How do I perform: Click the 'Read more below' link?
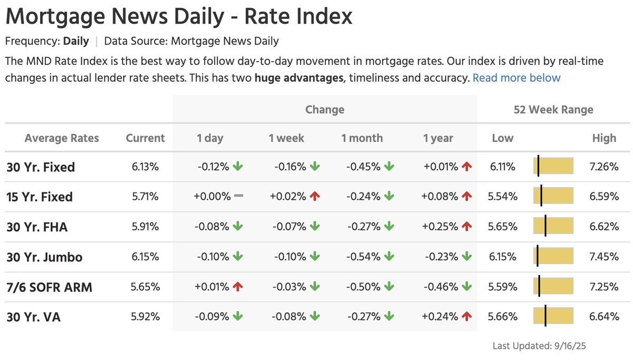point(516,78)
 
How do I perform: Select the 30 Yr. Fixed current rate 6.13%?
point(145,167)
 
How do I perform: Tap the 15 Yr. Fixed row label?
point(40,197)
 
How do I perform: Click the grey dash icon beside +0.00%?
point(238,196)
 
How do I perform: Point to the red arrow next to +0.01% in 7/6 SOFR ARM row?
point(238,287)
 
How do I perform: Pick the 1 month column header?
point(362,138)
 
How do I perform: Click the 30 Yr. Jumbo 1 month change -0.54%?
point(363,257)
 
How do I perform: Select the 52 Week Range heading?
point(553,110)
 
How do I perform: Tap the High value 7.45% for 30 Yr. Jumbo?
point(603,257)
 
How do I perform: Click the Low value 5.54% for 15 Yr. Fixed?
point(502,197)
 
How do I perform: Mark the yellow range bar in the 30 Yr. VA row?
point(553,317)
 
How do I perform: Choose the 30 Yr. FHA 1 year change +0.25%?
point(440,227)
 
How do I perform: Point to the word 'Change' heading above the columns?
point(324,110)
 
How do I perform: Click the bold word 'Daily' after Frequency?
point(76,41)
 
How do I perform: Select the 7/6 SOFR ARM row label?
point(50,287)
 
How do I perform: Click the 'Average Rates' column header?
point(62,138)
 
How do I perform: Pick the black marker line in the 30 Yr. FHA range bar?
point(545,227)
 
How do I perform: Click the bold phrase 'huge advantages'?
point(299,78)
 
